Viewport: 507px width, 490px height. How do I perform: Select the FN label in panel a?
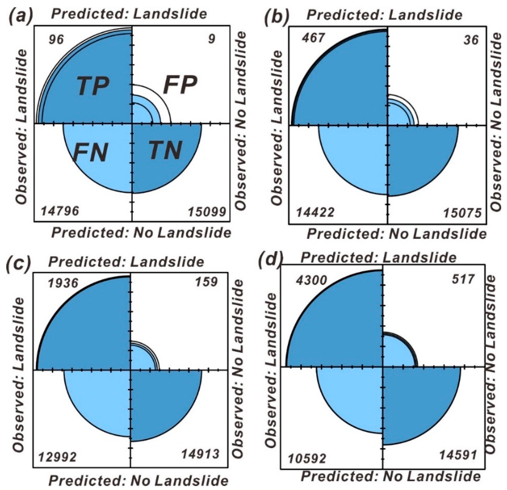pyautogui.click(x=90, y=152)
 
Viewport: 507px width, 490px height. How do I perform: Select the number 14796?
pyautogui.click(x=60, y=211)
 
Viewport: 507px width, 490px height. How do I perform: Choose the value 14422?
pyautogui.click(x=315, y=213)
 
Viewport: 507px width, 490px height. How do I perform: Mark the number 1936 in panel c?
pyautogui.click(x=63, y=283)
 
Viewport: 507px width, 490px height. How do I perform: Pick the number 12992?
pyautogui.click(x=57, y=457)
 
